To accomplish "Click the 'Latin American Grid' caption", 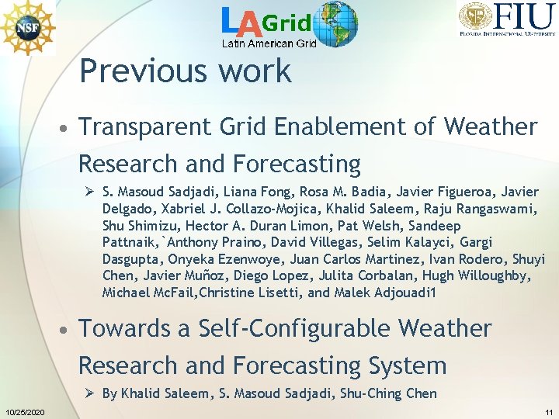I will tap(269, 43).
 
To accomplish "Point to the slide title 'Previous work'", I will tap(185, 71).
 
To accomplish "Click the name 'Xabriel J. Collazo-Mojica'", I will tap(233, 208).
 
